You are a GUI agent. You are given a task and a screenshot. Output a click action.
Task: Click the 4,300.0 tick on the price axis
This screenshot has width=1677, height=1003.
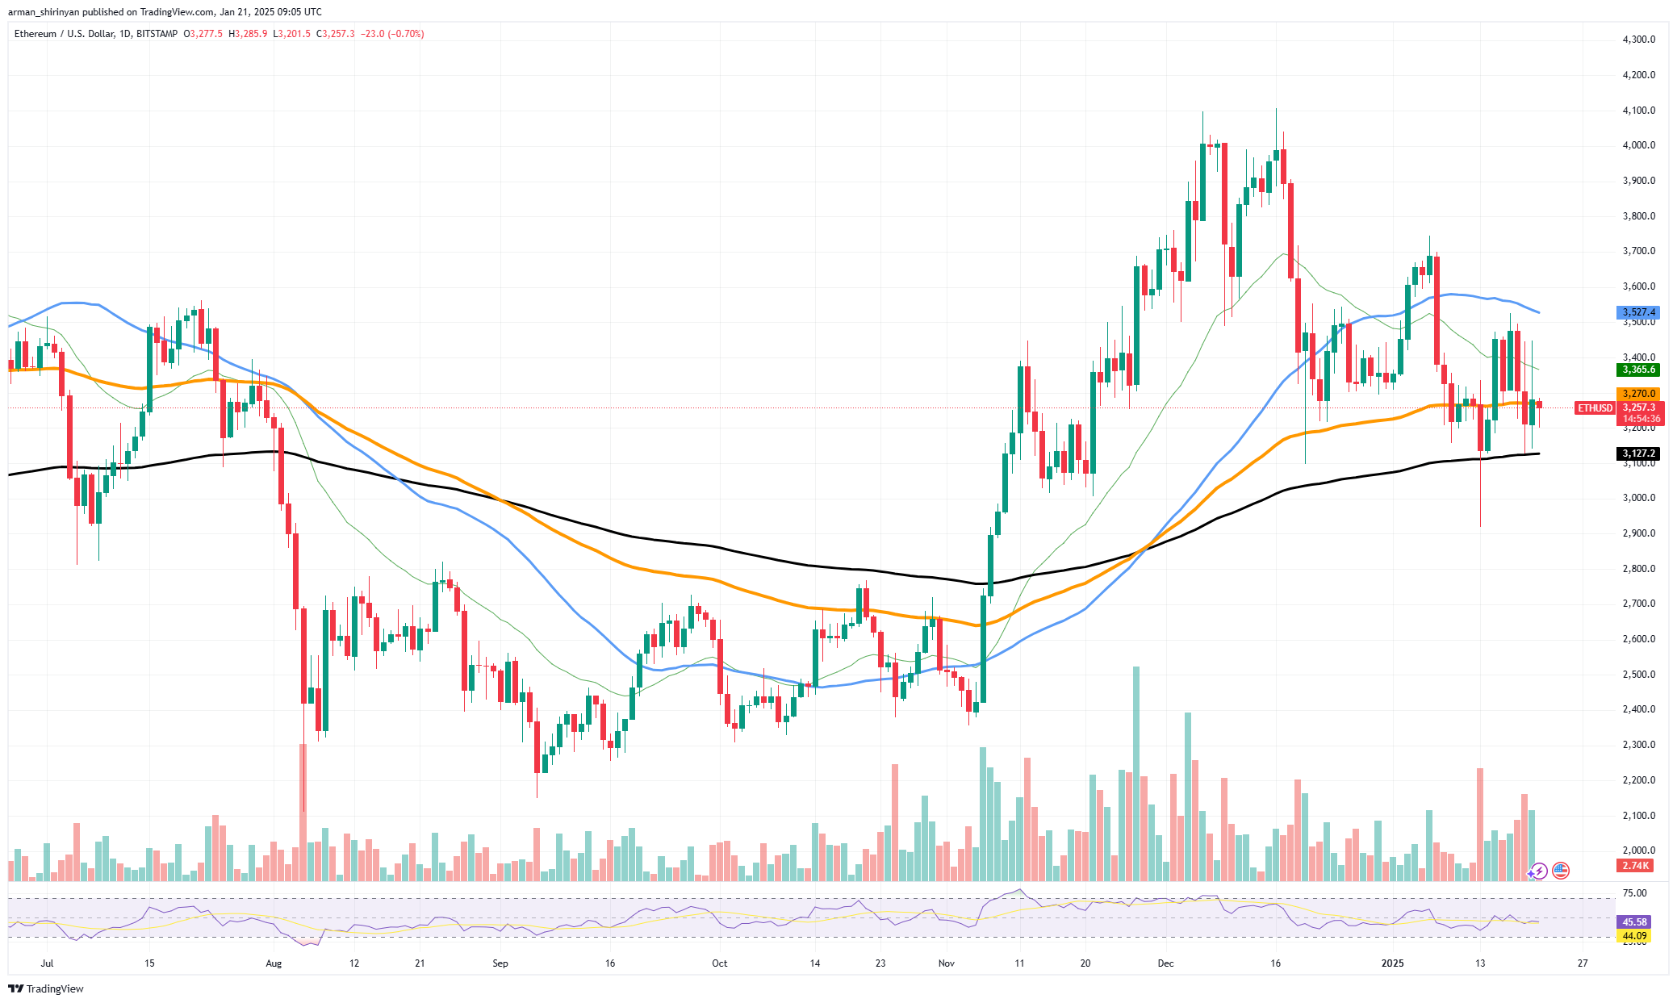point(1638,40)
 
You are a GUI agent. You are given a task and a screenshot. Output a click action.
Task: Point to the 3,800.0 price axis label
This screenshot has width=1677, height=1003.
point(1638,216)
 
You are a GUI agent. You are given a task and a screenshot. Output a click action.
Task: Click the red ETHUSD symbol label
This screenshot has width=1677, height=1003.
point(1595,408)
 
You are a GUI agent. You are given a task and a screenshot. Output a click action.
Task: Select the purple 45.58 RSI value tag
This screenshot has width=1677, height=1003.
point(1634,922)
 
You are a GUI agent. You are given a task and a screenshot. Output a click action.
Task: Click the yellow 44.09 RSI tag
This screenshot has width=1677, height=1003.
point(1634,936)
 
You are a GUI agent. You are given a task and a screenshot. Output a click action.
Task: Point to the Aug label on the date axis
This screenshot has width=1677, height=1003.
point(274,963)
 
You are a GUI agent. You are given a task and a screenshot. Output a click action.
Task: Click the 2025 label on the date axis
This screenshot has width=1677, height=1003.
point(1392,963)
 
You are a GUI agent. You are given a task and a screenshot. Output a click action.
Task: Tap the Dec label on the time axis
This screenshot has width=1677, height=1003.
point(1165,963)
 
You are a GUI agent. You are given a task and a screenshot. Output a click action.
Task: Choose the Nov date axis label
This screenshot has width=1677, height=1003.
point(947,963)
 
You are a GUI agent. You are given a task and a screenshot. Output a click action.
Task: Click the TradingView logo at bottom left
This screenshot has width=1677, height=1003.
point(46,988)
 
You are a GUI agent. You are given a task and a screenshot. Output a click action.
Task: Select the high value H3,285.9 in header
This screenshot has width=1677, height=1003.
point(248,34)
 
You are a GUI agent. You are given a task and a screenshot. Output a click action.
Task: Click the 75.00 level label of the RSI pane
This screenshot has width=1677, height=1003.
point(1634,893)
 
